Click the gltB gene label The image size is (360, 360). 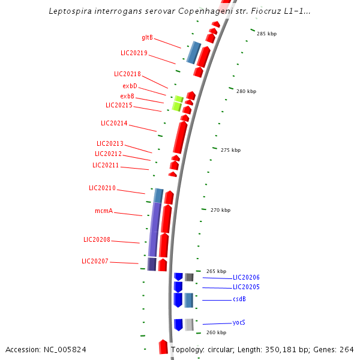coord(147,38)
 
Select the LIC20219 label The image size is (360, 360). coord(134,53)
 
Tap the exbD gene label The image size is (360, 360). coord(130,86)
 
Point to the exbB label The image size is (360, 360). coord(127,96)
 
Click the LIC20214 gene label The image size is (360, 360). coord(114,123)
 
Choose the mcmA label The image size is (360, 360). coord(104,211)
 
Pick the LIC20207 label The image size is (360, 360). coord(95,261)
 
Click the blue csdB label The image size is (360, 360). coord(239,299)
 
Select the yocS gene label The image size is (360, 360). coord(239,322)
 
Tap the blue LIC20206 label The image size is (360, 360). coord(246,277)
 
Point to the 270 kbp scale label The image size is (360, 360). coord(220,210)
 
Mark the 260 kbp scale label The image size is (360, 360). coord(216,332)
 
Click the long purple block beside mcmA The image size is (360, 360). coord(154,229)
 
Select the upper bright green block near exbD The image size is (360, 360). coord(178,98)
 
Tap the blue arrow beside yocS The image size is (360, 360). coord(178,324)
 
